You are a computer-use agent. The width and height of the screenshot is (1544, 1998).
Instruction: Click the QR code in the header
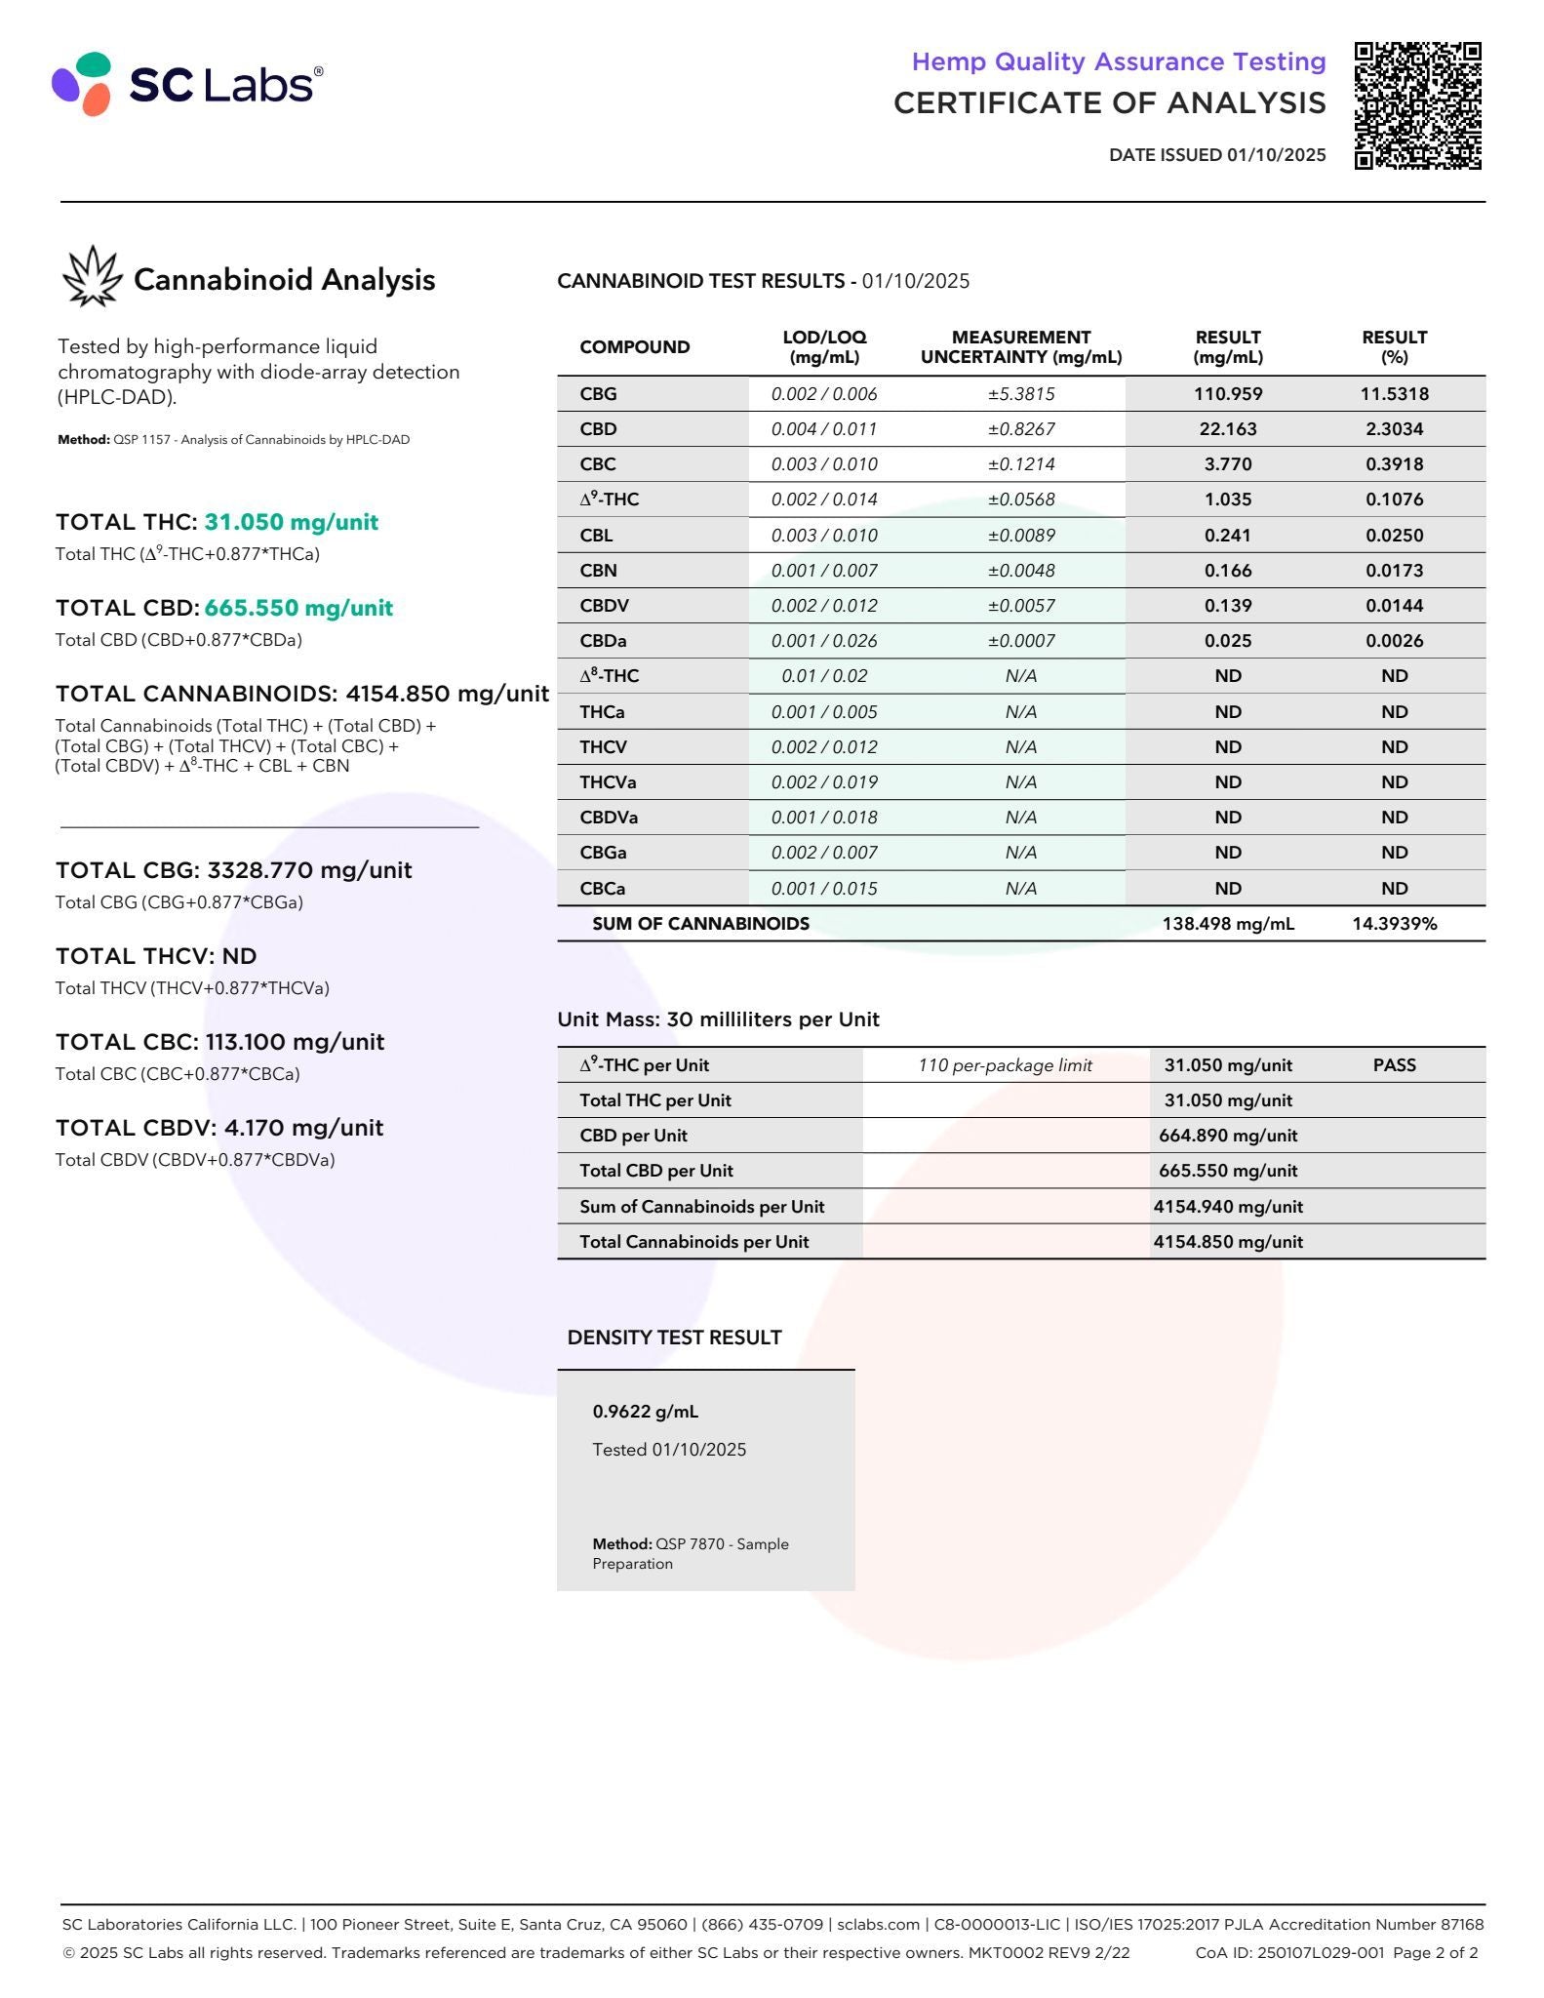point(1417,105)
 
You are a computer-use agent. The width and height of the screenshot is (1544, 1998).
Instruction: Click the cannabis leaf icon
point(92,276)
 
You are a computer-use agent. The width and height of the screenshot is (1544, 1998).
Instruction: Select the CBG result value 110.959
point(1227,394)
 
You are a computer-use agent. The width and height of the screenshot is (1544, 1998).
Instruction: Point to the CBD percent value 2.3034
point(1394,429)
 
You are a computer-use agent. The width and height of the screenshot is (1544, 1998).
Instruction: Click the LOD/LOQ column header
point(824,346)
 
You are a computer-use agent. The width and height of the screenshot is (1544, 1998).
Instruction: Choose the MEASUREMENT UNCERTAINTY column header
point(1020,346)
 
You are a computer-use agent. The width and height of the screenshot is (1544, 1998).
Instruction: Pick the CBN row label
point(598,571)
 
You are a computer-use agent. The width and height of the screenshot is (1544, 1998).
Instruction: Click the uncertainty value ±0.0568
point(1020,499)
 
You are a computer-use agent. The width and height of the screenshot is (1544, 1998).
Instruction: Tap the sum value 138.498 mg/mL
point(1227,924)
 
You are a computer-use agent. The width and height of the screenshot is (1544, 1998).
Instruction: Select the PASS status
point(1394,1065)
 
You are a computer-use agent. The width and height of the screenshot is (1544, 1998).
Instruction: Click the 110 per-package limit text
point(1005,1065)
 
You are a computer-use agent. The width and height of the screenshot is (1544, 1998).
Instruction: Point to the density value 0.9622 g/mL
point(645,1412)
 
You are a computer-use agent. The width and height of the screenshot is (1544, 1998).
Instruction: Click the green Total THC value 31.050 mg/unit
point(291,522)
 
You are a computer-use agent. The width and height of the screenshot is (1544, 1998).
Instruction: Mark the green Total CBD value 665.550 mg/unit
point(298,608)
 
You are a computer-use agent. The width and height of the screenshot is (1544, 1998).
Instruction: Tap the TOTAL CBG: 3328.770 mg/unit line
point(233,870)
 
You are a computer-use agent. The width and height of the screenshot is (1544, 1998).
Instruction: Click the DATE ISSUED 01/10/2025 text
point(1216,154)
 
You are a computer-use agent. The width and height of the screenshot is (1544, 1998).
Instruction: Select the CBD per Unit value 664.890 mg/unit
point(1227,1136)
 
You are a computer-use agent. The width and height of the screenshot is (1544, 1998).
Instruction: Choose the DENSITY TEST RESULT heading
point(674,1338)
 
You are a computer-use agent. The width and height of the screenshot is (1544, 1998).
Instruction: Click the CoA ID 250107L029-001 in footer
point(1289,1952)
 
